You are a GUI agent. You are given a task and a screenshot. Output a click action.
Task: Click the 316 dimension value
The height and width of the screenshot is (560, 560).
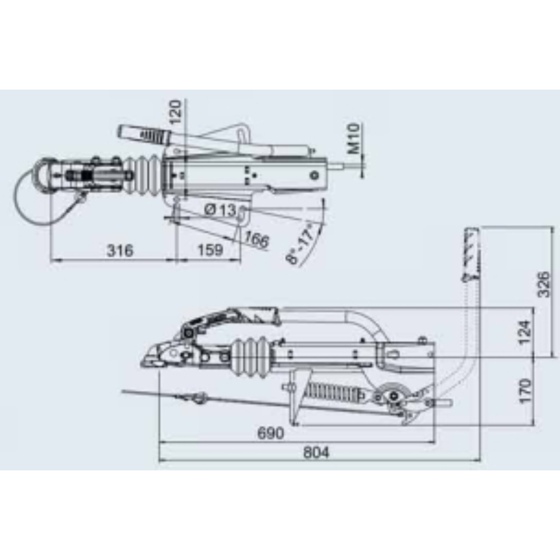(120, 250)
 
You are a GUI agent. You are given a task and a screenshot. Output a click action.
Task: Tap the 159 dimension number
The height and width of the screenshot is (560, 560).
(211, 250)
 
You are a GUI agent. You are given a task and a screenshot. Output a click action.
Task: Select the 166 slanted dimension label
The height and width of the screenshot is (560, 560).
(255, 240)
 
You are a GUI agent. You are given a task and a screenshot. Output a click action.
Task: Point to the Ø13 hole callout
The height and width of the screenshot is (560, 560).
(220, 211)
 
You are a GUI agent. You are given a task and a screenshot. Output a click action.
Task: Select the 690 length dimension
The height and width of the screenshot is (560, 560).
(270, 433)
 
